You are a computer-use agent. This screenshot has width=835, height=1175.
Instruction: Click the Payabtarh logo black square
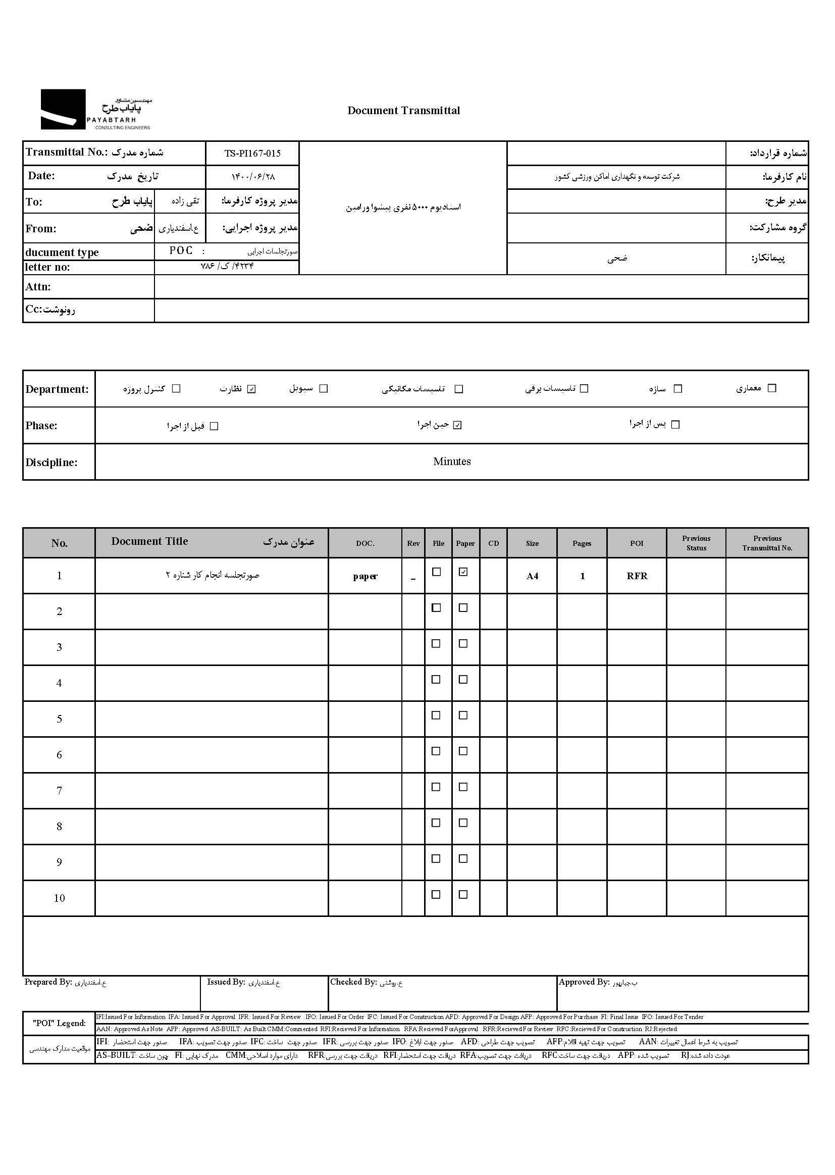point(63,109)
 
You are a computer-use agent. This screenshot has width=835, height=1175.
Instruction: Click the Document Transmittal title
point(404,111)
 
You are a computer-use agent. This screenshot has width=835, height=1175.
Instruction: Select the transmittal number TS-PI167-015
point(252,153)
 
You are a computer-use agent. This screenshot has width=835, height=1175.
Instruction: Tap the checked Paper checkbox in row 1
point(463,572)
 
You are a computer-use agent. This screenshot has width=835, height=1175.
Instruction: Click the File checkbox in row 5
point(436,716)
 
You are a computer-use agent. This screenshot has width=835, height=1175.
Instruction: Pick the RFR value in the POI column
point(637,576)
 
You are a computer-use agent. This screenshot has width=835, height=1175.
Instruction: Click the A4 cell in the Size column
point(532,576)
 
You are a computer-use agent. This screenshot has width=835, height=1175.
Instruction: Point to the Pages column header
point(582,543)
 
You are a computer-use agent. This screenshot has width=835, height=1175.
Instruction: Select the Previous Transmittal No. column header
point(767,543)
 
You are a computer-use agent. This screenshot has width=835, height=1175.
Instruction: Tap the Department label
point(57,389)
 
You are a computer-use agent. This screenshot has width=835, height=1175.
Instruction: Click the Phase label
point(41,426)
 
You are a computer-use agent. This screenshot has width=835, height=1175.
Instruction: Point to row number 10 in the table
point(59,898)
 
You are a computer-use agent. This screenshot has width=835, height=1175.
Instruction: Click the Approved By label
point(584,982)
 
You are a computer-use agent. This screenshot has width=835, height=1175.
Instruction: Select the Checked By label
point(354,982)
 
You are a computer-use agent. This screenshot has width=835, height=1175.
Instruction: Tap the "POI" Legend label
point(59,1024)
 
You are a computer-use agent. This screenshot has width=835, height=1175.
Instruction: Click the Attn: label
point(38,287)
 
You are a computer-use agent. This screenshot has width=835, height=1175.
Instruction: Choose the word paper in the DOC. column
point(365,576)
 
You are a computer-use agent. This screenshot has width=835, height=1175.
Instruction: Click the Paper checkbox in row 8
point(463,823)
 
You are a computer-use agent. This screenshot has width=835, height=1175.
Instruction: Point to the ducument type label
point(62,252)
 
